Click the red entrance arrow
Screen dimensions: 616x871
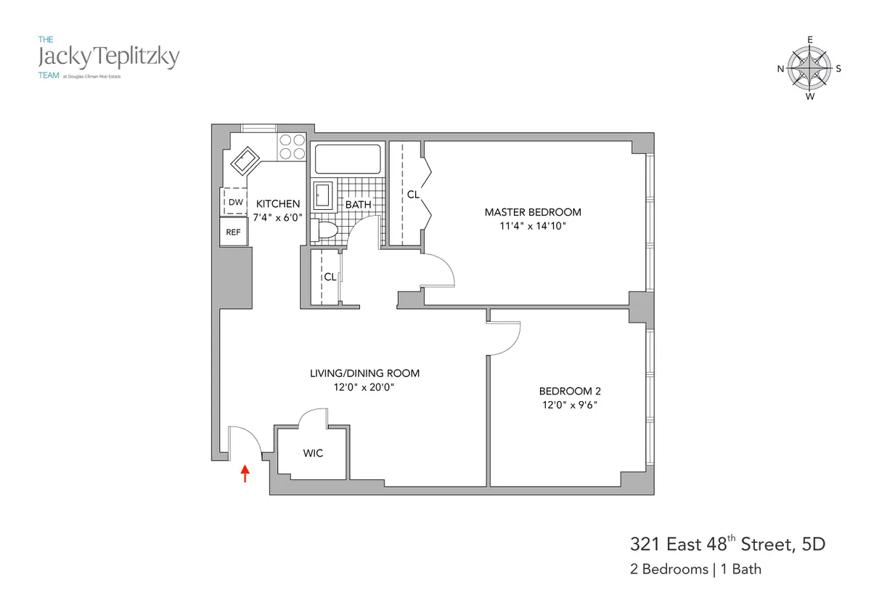[245, 474]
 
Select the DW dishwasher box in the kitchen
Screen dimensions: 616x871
[235, 203]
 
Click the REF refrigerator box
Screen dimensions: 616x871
[234, 232]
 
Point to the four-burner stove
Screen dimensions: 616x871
[293, 147]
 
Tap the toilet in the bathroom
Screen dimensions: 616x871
[325, 231]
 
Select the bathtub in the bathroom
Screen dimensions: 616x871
[347, 159]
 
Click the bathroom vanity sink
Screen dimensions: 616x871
[322, 195]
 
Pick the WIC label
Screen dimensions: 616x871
[313, 453]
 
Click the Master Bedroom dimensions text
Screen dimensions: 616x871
[533, 226]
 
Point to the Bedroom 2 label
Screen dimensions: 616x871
[568, 390]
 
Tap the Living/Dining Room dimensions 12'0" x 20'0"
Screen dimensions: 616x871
[364, 387]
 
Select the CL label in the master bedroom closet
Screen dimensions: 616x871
[412, 195]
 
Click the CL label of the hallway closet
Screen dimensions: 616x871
[330, 277]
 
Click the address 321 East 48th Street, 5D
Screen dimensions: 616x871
[727, 544]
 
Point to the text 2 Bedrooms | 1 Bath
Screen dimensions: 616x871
[695, 569]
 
